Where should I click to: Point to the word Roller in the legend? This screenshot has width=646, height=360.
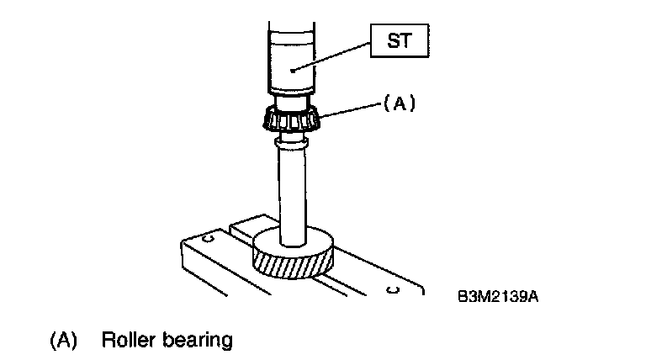pyautogui.click(x=125, y=341)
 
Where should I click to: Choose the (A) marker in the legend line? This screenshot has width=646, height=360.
pyautogui.click(x=64, y=341)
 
